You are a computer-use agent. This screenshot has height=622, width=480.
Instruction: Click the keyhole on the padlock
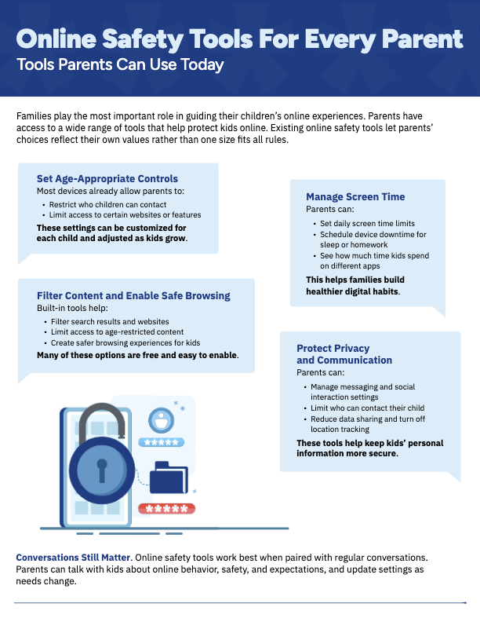[101, 469]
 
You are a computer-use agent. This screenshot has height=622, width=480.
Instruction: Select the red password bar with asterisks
[166, 507]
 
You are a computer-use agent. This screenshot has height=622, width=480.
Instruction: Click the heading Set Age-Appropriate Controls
[107, 178]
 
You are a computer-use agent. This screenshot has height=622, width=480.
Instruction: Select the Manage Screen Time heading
[355, 197]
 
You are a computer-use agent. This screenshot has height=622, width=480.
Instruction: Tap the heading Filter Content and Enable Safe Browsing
[133, 295]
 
